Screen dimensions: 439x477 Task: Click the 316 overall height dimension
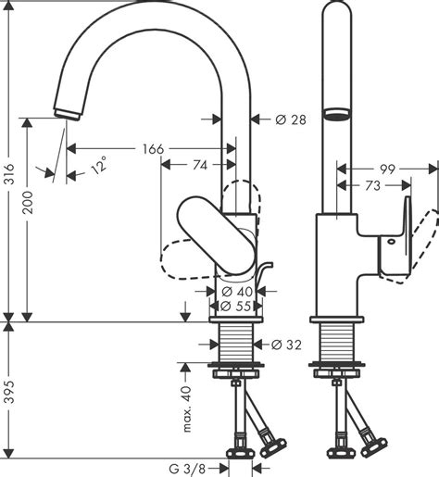tap(10, 174)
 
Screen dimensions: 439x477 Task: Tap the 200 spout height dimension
tap(28, 203)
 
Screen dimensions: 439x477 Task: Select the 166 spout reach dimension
tap(153, 149)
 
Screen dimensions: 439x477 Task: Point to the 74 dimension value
tap(200, 166)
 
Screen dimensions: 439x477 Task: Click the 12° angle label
tap(100, 166)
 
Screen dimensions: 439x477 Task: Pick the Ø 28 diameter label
tap(291, 119)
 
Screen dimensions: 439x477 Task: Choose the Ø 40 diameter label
tap(237, 291)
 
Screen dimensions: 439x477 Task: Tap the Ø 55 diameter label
tap(236, 307)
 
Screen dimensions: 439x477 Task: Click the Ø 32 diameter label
tap(286, 345)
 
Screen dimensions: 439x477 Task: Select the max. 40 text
tap(187, 408)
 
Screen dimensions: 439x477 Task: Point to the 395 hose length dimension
tap(10, 392)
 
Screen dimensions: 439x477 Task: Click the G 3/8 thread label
tap(187, 470)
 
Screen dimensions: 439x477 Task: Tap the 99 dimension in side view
tap(387, 169)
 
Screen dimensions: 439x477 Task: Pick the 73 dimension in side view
tap(372, 186)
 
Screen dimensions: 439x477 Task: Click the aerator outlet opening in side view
tap(336, 114)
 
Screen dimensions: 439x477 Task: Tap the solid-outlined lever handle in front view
tap(217, 235)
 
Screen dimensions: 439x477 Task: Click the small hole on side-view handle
tap(392, 242)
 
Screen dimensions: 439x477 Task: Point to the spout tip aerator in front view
tap(68, 114)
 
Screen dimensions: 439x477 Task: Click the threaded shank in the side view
tap(337, 342)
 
